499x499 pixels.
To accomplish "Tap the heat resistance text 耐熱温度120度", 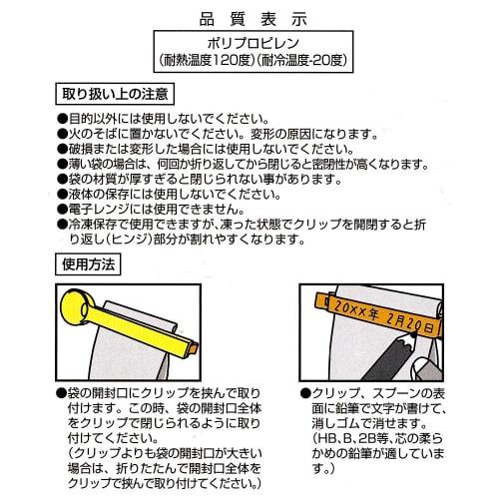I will click(204, 62).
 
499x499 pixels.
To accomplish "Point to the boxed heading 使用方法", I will click(88, 263).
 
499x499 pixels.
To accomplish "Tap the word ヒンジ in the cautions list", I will click(134, 242).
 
